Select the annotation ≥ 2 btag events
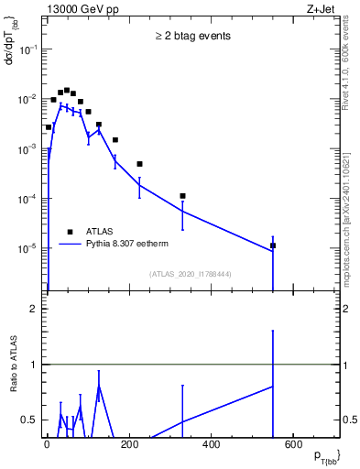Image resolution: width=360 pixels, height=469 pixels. [192, 36]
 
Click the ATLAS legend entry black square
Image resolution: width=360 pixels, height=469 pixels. [71, 232]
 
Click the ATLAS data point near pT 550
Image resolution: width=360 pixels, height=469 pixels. [273, 245]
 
